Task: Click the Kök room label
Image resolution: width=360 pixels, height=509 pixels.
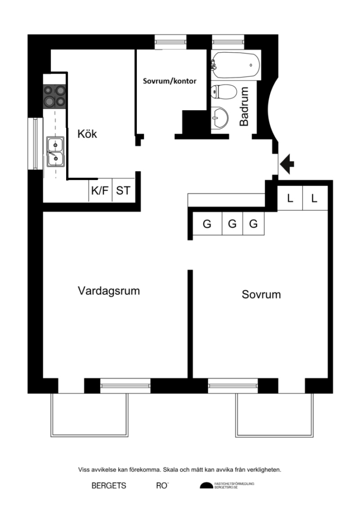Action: coord(87,134)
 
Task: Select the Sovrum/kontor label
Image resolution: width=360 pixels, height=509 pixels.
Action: coord(170,81)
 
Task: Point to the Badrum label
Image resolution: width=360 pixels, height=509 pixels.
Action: coord(244,106)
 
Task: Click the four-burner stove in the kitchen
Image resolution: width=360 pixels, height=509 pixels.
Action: coord(55,96)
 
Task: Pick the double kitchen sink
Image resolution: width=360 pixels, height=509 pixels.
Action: coord(55,152)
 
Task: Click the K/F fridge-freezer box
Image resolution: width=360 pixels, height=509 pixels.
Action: coord(99,190)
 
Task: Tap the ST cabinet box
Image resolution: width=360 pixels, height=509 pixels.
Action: coord(123,190)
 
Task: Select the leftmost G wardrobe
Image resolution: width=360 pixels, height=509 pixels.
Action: coord(207,224)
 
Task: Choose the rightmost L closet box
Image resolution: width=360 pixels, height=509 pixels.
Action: coord(314,198)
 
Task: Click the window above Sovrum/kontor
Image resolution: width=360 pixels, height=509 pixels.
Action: coord(171,42)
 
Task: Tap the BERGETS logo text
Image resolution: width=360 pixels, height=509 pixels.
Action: coord(108,486)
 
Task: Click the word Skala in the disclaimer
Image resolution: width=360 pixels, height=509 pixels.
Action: coord(190,469)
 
